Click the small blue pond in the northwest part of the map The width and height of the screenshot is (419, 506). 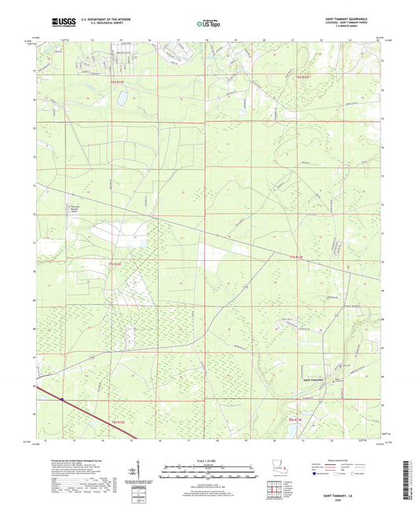122,97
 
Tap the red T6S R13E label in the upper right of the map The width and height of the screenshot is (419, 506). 303,77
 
